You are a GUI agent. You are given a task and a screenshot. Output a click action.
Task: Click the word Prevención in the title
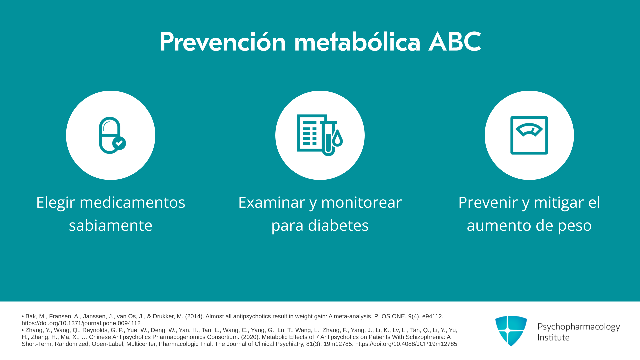(x=223, y=42)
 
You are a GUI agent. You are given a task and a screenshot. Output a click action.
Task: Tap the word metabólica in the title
(x=357, y=42)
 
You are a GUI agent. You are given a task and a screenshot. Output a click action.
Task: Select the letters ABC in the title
(x=455, y=42)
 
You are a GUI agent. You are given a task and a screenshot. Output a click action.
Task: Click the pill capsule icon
(x=110, y=135)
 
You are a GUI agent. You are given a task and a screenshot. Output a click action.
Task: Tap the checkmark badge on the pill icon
(x=119, y=143)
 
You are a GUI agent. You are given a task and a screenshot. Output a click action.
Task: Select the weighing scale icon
(x=529, y=135)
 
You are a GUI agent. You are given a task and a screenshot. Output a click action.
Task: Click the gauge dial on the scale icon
(x=529, y=130)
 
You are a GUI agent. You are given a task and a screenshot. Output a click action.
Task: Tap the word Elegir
(x=56, y=203)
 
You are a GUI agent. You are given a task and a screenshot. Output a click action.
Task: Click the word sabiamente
(x=110, y=225)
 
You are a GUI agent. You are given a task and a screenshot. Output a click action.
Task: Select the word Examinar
(x=272, y=202)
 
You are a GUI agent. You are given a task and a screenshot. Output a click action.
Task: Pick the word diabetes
(x=338, y=225)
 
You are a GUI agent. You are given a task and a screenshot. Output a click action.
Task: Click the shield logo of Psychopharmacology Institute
(x=511, y=331)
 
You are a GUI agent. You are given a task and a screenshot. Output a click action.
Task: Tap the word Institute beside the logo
(x=553, y=337)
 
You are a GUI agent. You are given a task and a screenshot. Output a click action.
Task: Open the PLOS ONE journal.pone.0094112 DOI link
(x=81, y=323)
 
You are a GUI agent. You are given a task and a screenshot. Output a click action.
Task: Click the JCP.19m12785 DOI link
(x=406, y=344)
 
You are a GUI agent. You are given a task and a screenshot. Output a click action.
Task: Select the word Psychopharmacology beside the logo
(x=579, y=327)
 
